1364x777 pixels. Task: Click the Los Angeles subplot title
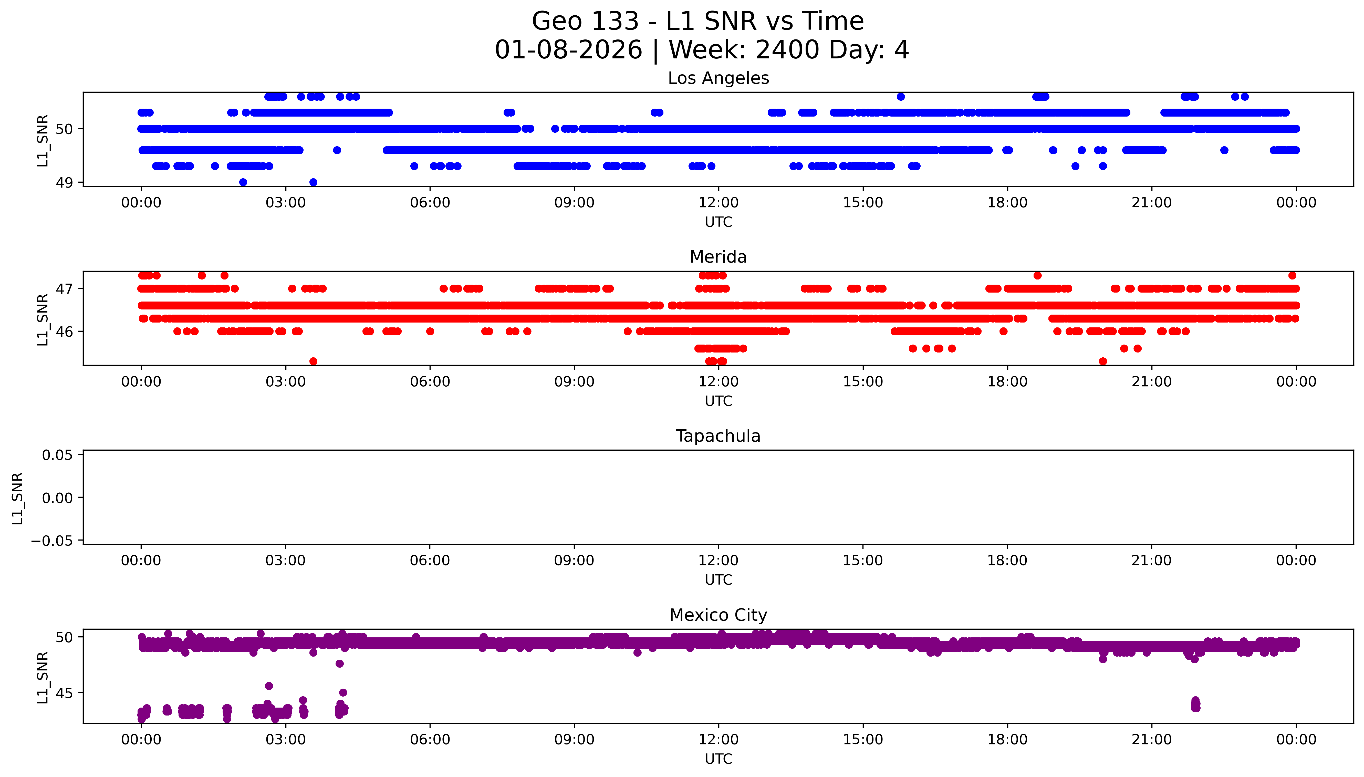[x=718, y=78]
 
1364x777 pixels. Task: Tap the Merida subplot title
[x=718, y=257]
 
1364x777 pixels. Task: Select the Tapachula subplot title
[x=718, y=436]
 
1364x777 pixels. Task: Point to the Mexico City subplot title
[x=718, y=615]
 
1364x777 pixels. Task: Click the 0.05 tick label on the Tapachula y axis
[x=58, y=455]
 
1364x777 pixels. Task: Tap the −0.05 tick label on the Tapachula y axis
[x=52, y=541]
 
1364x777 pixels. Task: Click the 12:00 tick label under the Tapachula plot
[x=718, y=561]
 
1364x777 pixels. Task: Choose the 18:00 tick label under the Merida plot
[x=1007, y=382]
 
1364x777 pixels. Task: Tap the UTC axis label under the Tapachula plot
[x=718, y=580]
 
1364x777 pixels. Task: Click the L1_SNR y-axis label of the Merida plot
[x=43, y=319]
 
